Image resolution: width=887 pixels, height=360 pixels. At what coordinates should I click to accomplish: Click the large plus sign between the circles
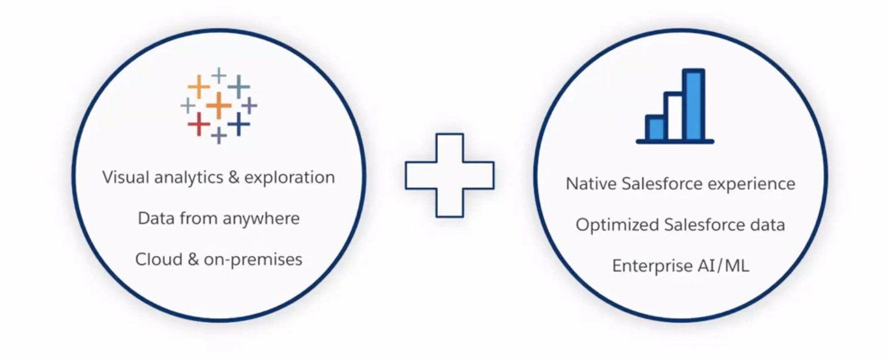[450, 175]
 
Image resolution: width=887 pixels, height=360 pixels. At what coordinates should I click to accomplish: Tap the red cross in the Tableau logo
[199, 124]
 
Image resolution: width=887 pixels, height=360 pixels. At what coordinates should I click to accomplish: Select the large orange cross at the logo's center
[218, 105]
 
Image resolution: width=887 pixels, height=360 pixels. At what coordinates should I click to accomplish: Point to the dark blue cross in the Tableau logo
[238, 124]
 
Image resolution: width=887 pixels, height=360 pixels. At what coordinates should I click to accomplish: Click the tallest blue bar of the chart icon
[694, 105]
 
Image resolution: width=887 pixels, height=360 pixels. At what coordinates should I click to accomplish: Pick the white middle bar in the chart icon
[675, 117]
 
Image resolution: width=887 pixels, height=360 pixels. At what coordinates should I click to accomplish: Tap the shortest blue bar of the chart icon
[656, 128]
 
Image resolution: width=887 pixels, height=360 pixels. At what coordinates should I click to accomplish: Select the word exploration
[290, 178]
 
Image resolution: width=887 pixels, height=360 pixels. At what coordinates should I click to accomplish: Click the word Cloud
[158, 260]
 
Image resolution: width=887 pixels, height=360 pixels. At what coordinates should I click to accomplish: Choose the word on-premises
[253, 260]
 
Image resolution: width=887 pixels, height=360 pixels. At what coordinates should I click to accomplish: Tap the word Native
[591, 184]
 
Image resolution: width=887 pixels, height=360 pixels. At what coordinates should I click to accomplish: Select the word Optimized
[617, 225]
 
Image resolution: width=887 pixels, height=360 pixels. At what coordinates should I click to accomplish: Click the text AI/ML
[724, 266]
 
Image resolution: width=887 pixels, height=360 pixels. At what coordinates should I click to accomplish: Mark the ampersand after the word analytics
[234, 178]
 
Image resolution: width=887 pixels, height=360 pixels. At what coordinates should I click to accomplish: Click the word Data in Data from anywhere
[156, 218]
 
